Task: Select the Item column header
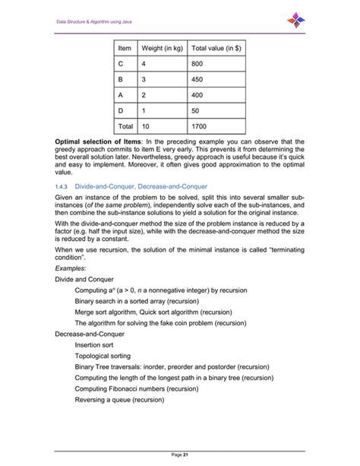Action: click(x=125, y=49)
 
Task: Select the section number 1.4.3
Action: click(x=62, y=186)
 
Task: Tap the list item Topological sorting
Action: click(x=106, y=355)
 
